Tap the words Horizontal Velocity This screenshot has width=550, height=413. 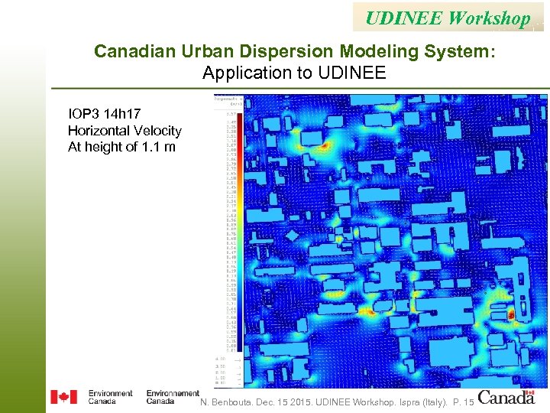(x=125, y=131)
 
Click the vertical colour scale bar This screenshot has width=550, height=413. (x=239, y=229)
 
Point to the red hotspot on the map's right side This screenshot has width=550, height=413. (x=511, y=314)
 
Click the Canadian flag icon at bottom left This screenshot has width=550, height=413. (x=64, y=397)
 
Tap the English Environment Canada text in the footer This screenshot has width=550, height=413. (x=110, y=397)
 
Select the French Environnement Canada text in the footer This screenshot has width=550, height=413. (x=173, y=397)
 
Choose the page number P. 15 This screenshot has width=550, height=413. (x=464, y=402)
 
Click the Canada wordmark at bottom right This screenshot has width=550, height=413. (x=506, y=397)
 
